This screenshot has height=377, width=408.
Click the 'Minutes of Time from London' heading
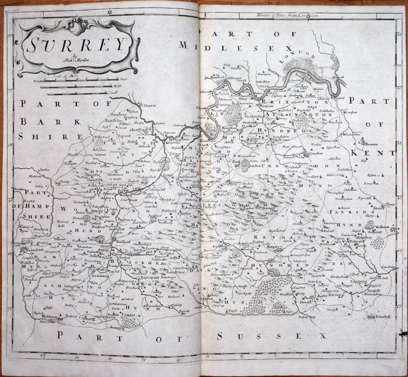[x=295, y=16]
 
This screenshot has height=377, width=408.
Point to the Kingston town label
[x=228, y=128]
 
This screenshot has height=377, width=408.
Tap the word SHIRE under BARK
[x=36, y=137]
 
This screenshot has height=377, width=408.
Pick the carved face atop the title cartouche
[x=77, y=25]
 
